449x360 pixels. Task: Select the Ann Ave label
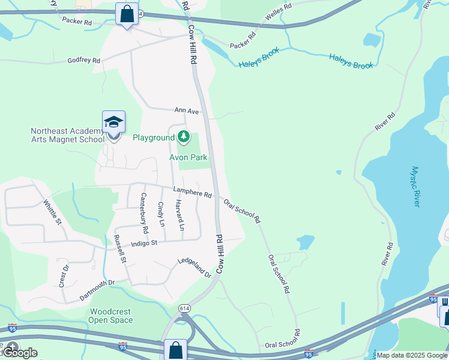click(186, 111)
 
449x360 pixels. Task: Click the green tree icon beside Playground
click(184, 137)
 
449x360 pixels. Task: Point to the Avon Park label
click(188, 158)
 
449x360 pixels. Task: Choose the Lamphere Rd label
click(193, 192)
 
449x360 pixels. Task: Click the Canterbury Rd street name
click(144, 213)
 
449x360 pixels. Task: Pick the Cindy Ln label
click(161, 214)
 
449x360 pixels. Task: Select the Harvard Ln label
click(179, 215)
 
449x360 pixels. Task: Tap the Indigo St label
click(144, 244)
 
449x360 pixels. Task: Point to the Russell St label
click(119, 249)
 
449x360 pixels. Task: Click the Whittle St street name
click(52, 212)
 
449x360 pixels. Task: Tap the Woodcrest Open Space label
click(111, 316)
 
